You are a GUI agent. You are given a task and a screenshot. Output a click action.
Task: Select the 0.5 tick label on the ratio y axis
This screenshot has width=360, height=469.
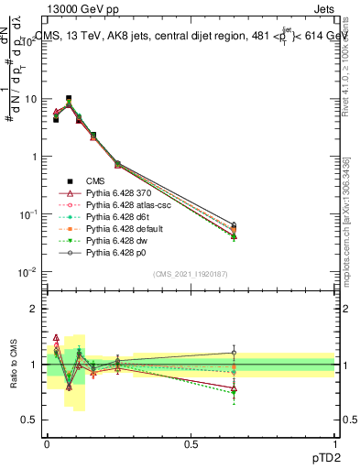pyautogui.click(x=29, y=420)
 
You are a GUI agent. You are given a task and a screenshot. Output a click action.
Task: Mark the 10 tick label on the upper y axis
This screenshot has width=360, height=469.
pyautogui.click(x=29, y=99)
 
